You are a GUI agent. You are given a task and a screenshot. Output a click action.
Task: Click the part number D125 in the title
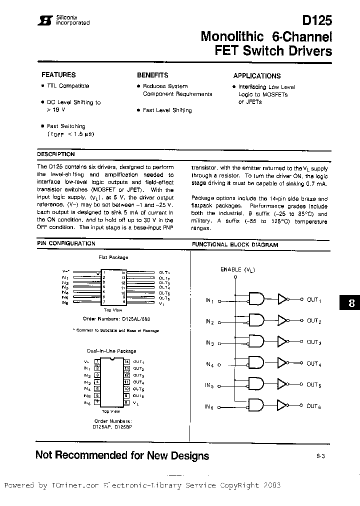click(x=317, y=20)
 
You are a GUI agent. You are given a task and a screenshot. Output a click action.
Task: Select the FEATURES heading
click(x=58, y=75)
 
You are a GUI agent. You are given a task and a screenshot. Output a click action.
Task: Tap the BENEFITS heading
click(x=152, y=75)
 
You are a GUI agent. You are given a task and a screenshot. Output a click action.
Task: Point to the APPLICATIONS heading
click(x=257, y=76)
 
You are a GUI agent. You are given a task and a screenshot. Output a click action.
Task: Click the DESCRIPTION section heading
click(x=56, y=154)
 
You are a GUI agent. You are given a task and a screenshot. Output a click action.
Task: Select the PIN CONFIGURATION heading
click(x=66, y=243)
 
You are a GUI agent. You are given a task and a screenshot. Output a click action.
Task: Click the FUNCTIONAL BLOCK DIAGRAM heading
click(x=235, y=245)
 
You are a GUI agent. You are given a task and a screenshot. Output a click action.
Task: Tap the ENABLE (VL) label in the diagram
click(x=237, y=269)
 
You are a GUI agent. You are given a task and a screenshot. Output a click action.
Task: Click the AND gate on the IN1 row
click(x=256, y=299)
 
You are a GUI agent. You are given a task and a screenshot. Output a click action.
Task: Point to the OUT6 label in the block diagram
click(x=313, y=406)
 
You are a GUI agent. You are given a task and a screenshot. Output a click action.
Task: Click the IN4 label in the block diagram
click(x=209, y=364)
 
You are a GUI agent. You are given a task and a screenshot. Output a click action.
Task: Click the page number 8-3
click(x=320, y=456)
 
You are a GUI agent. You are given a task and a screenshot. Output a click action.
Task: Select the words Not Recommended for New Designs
click(x=122, y=455)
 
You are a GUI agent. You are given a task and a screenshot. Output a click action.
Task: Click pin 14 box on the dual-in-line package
click(x=127, y=361)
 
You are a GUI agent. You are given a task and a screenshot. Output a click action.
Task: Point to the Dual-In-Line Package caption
click(x=111, y=351)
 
